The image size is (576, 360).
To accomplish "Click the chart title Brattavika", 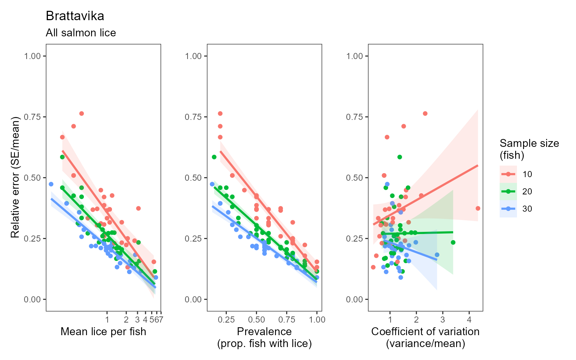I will (75, 16).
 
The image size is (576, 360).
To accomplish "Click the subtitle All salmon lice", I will (81, 33).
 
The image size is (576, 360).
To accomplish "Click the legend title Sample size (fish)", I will (529, 149).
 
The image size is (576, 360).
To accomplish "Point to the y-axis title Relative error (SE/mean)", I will (15, 177).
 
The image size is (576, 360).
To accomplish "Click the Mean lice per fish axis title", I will (103, 332).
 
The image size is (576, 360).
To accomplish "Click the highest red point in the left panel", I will (81, 113).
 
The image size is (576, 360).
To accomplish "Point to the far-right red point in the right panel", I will (478, 208).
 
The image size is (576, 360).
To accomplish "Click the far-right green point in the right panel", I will (453, 242).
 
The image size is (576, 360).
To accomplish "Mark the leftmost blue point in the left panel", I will (51, 184).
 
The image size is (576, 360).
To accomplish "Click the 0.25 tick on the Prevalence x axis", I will (226, 319).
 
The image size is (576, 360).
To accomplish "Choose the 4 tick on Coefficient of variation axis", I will (469, 319).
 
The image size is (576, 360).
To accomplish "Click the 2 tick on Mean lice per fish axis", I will (126, 319).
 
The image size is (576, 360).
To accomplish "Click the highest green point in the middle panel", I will (214, 157).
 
